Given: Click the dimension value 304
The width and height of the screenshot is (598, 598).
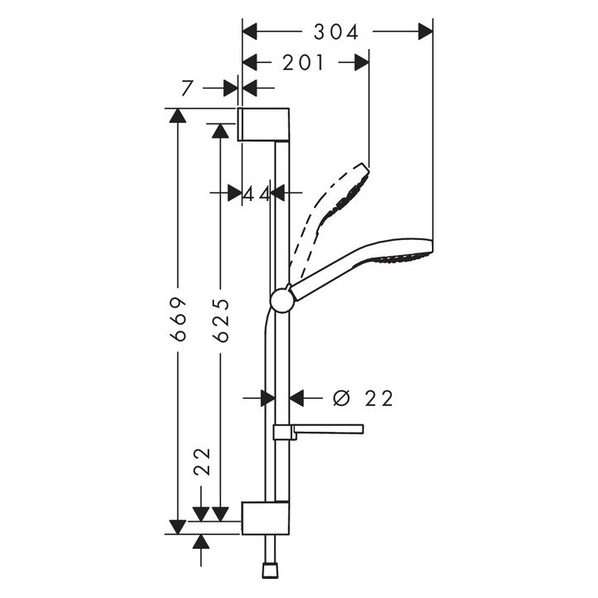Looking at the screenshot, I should (x=336, y=32).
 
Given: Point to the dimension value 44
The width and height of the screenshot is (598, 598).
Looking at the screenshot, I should (x=257, y=194).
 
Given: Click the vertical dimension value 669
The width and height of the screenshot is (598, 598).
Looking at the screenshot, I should (x=177, y=319).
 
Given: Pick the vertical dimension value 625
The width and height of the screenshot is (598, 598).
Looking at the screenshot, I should (x=220, y=319).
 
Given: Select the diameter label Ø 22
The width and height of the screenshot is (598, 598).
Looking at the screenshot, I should (x=362, y=399).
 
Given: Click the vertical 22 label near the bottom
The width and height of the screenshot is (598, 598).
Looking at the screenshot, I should (x=202, y=462).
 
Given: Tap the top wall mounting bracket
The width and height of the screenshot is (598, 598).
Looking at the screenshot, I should (x=265, y=124).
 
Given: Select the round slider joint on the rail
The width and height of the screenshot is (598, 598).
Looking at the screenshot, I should (x=282, y=300).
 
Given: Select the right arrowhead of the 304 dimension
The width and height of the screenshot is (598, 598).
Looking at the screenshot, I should (x=426, y=32).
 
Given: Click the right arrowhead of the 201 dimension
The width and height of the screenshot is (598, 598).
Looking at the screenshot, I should (x=361, y=63).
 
